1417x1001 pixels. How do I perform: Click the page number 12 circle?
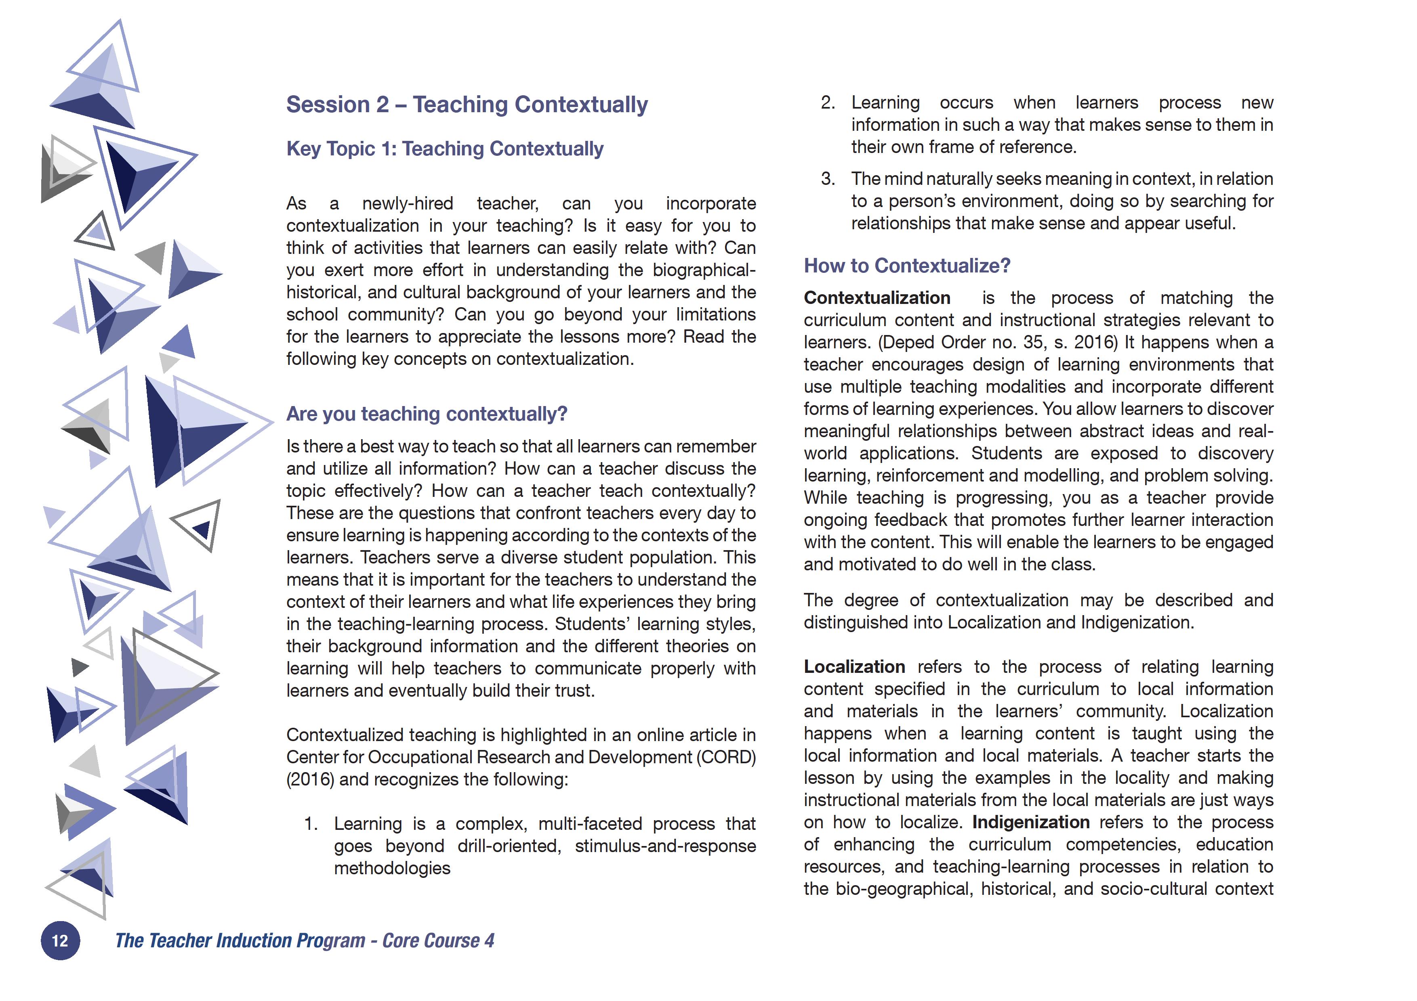click(x=60, y=940)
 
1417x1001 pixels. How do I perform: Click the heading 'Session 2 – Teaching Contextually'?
click(x=467, y=105)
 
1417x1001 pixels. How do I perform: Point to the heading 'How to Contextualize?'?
click(x=906, y=266)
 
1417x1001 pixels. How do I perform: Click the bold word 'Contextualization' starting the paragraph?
click(x=877, y=298)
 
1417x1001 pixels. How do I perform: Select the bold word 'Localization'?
click(x=854, y=667)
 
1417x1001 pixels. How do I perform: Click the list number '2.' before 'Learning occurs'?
click(x=828, y=103)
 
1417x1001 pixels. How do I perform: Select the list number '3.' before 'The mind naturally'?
click(x=828, y=179)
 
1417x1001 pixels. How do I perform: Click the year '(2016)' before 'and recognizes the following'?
click(x=310, y=779)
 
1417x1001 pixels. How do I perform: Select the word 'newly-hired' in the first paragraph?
click(x=407, y=203)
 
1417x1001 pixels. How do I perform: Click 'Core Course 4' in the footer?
click(x=438, y=940)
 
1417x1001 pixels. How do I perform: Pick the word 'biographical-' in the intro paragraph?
click(x=704, y=270)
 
